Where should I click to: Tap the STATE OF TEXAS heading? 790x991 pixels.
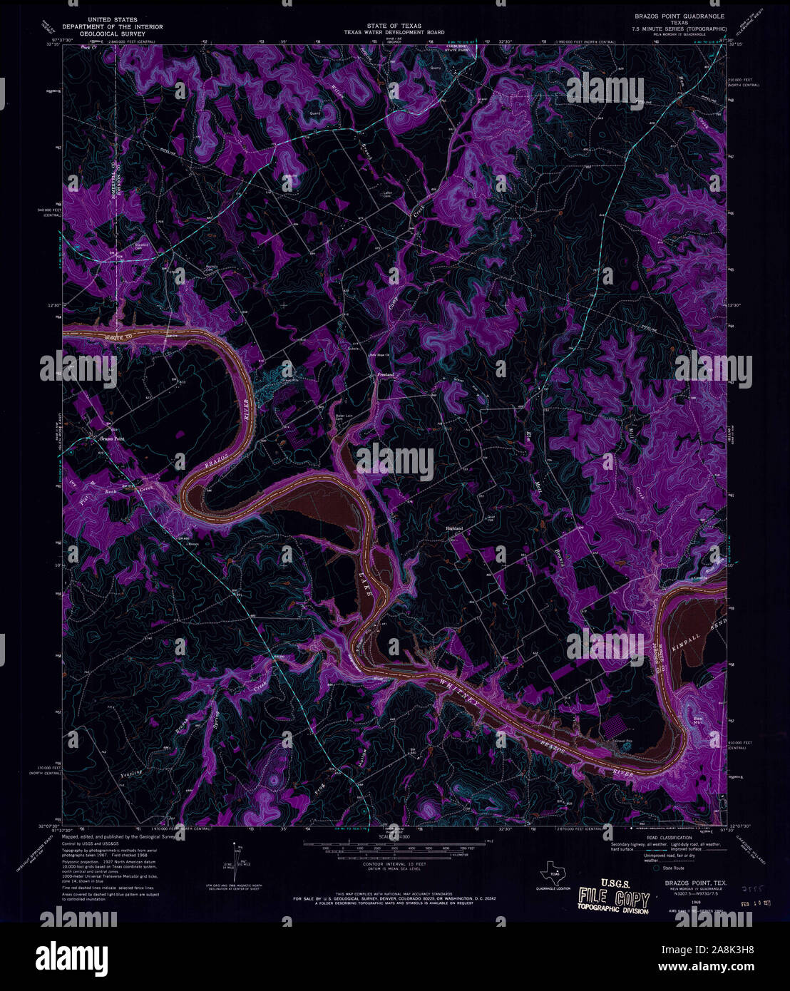(394, 26)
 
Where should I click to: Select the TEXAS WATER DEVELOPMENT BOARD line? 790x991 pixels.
(394, 32)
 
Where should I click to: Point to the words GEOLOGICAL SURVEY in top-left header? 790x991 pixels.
(112, 33)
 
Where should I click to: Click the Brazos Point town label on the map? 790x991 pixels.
(111, 438)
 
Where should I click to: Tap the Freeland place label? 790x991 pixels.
(385, 374)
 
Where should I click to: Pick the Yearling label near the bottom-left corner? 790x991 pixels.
(130, 772)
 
